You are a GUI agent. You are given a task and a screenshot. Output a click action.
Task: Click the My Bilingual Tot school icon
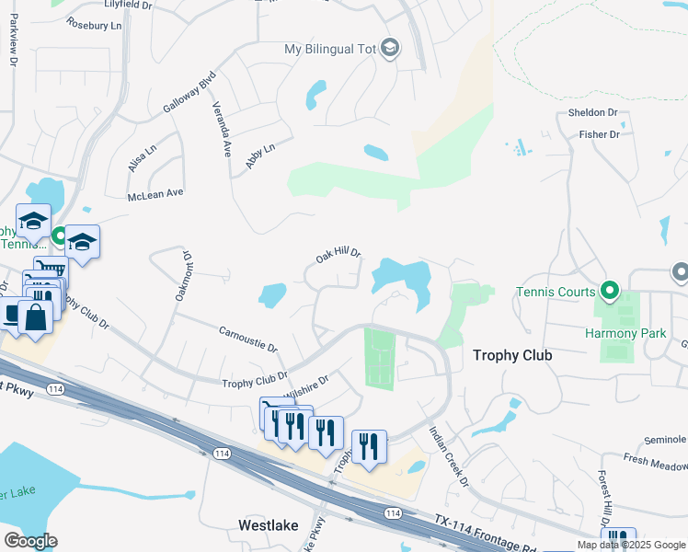point(389,49)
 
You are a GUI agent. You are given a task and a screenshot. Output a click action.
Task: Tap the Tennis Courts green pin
point(608,292)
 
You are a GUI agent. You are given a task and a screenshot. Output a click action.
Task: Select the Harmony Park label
point(625,333)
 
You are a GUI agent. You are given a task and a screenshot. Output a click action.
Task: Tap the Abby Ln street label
point(260,155)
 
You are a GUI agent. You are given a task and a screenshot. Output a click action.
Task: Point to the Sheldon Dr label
point(592,112)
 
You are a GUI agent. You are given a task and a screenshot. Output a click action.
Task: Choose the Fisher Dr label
point(600,134)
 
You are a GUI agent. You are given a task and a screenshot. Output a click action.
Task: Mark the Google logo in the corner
point(30,541)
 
